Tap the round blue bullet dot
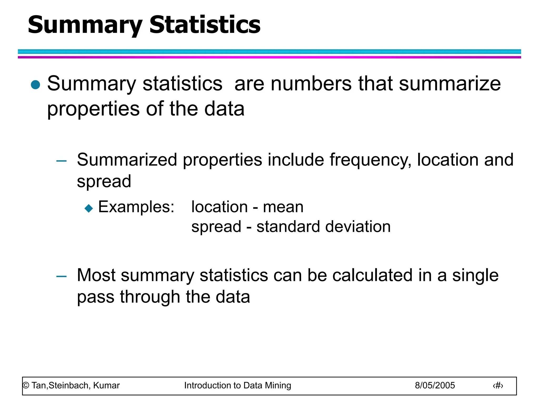(x=35, y=85)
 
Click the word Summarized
(x=127, y=160)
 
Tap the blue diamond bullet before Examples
(x=89, y=208)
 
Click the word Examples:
(x=136, y=207)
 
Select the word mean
(x=283, y=207)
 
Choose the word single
(x=475, y=276)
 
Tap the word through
(x=150, y=297)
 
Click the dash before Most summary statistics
(x=61, y=276)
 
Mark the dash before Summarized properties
(x=61, y=160)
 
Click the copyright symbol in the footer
(x=26, y=386)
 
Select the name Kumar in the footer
(x=106, y=385)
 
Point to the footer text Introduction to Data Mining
(x=237, y=385)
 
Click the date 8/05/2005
(x=435, y=385)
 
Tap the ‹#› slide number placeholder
(x=498, y=386)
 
